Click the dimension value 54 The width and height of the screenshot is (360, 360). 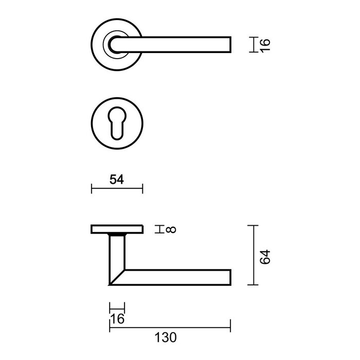coord(117,179)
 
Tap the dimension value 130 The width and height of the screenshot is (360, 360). coord(165,337)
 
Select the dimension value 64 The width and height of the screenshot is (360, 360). coord(264,257)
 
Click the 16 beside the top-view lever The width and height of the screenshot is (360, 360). coord(264,44)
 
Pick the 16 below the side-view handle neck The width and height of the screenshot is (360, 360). coord(118,319)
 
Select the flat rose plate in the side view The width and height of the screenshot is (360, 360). coord(117,229)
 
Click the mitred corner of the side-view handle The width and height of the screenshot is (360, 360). coord(116,278)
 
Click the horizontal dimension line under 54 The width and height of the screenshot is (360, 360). coord(117,189)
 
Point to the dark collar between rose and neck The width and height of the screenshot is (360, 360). coord(117,235)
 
